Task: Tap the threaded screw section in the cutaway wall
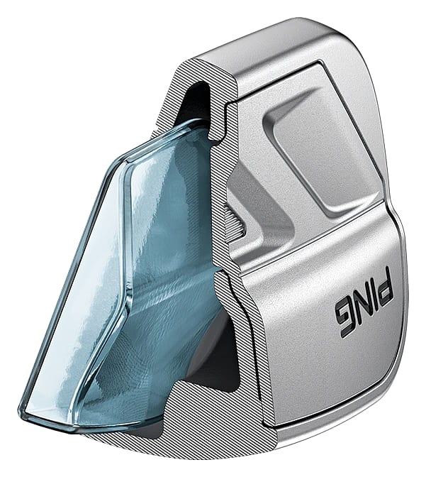point(235,223)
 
